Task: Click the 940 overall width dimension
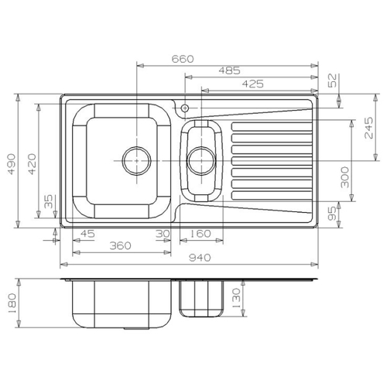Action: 200,258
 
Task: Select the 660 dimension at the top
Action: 183,59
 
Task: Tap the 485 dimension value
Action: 229,70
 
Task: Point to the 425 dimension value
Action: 253,84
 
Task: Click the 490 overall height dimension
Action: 11,164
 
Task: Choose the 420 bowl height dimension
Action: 32,164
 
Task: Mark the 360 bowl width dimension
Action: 121,245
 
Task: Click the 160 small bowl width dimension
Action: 200,234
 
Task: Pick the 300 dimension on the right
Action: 344,177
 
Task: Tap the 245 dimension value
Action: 368,128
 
